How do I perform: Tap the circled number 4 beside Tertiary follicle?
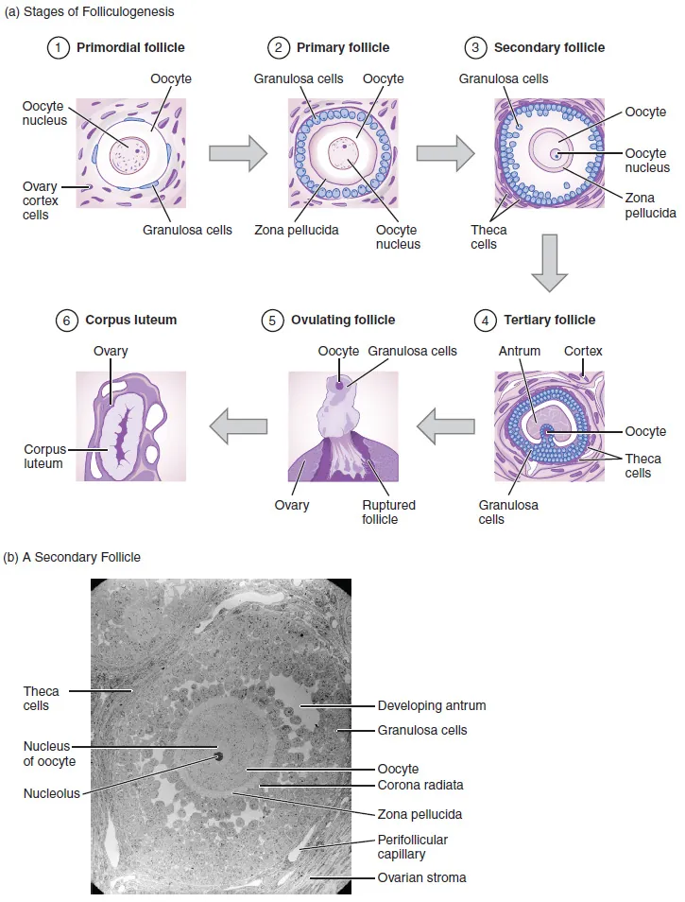(x=486, y=321)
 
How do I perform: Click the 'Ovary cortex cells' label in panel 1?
(x=40, y=200)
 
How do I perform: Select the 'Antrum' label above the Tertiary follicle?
(x=520, y=351)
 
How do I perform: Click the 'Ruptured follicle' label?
(x=388, y=512)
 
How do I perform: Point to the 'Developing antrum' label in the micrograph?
(x=432, y=705)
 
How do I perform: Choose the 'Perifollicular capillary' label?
(x=412, y=846)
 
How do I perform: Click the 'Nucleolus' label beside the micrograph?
(x=51, y=793)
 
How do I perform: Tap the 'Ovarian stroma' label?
(x=421, y=878)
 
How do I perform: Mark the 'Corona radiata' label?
(x=420, y=785)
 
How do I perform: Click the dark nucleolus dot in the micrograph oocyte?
(x=218, y=756)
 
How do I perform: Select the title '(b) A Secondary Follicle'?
(x=74, y=557)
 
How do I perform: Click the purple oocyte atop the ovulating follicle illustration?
(x=340, y=385)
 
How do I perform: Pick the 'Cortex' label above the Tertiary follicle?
(x=583, y=351)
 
